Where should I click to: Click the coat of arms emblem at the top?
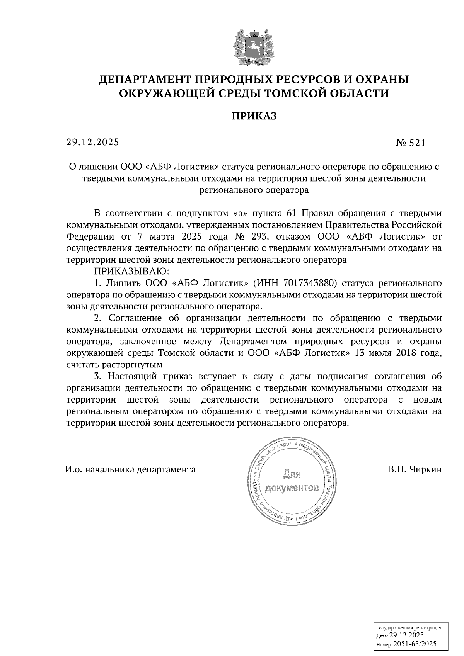pyautogui.click(x=254, y=47)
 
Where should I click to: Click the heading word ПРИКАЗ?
pyautogui.click(x=254, y=116)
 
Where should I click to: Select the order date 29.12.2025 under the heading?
pyautogui.click(x=93, y=142)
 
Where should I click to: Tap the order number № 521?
pyautogui.click(x=411, y=143)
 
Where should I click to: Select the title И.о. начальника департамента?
pyautogui.click(x=130, y=469)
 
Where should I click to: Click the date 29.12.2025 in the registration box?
pyautogui.click(x=406, y=636)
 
